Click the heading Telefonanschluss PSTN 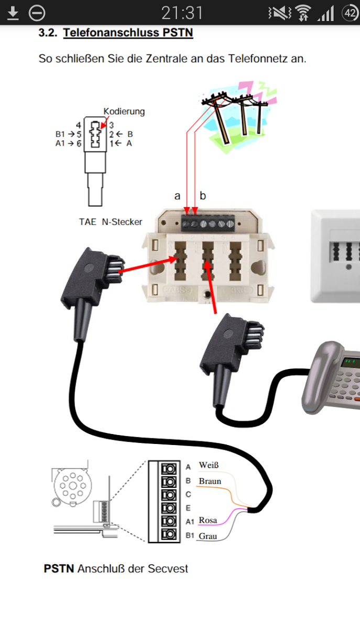pos(128,33)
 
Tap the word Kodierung pos(124,112)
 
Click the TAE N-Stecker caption pos(111,222)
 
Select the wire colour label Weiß pos(209,465)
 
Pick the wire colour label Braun pos(210,481)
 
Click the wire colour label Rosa pos(208,520)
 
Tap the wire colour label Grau pos(208,536)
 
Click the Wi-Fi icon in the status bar pos(303,13)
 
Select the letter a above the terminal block pos(177,196)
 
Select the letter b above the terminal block pos(203,196)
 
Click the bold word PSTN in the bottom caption pos(59,568)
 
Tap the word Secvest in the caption pos(169,568)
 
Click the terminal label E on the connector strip pos(188,508)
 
